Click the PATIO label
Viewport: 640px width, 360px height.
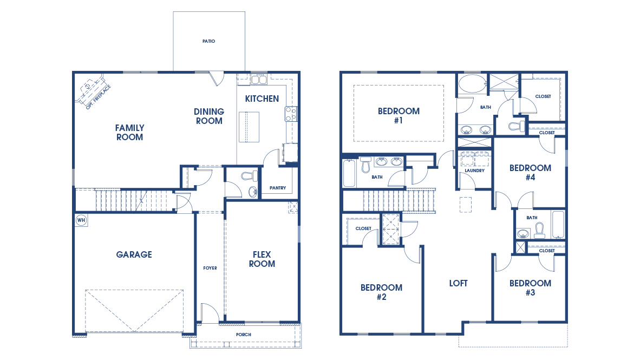208,41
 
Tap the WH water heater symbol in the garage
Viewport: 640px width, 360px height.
81,220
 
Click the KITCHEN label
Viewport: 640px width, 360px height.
262,99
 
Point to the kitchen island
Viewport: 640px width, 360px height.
250,126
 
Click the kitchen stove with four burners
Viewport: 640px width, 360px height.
291,114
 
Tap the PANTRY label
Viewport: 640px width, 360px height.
278,188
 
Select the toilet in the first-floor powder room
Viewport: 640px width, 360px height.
250,176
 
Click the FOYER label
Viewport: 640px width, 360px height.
210,268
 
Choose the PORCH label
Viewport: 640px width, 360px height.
244,335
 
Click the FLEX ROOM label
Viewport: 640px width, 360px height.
262,259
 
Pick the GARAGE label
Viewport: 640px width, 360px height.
134,254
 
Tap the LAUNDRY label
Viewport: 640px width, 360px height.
474,171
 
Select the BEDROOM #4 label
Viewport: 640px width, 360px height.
530,172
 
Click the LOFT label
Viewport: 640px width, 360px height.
458,283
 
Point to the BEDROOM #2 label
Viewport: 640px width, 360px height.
381,292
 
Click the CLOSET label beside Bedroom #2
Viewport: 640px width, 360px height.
363,228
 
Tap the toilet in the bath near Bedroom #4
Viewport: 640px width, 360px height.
539,232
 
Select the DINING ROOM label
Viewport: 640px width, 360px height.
209,116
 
